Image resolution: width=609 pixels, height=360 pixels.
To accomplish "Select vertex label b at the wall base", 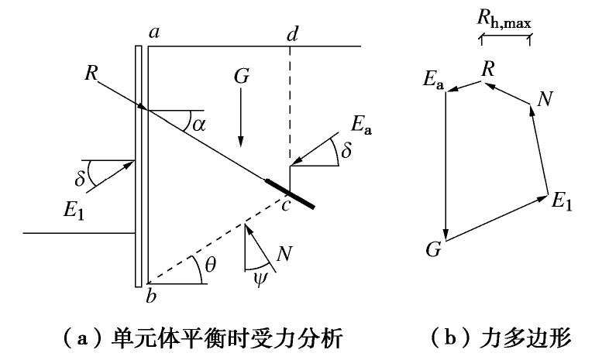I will tap(153, 296).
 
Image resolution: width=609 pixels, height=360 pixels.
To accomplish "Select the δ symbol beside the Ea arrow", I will tap(346, 152).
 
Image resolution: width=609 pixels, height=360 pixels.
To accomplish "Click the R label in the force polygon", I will tap(488, 68).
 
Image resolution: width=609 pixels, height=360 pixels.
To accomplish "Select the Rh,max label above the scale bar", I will tap(505, 19).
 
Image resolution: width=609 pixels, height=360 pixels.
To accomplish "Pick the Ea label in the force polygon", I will tap(433, 79).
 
